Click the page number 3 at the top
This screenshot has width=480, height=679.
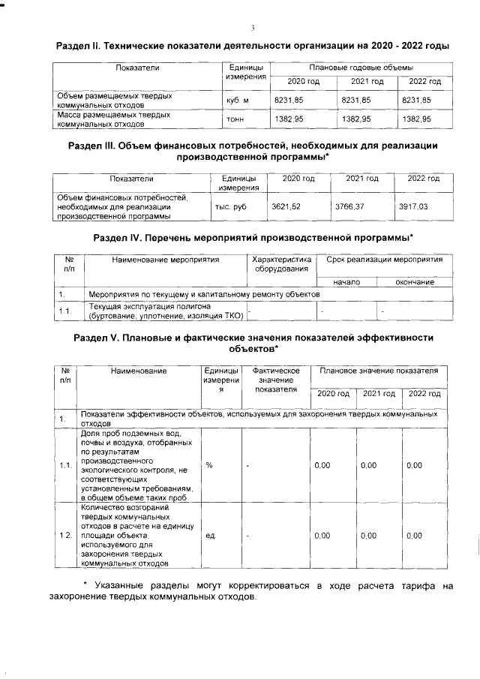[253, 29]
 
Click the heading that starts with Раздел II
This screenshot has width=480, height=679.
[253, 46]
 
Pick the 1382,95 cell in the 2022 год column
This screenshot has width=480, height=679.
[417, 119]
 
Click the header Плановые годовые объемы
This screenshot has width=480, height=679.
[355, 68]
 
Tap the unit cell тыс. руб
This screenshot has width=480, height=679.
[231, 205]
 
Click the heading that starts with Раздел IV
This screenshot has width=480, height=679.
[253, 238]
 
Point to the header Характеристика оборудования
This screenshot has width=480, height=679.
[277, 264]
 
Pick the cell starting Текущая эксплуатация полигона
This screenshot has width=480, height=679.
[164, 311]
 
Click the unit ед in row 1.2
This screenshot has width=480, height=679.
[210, 536]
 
